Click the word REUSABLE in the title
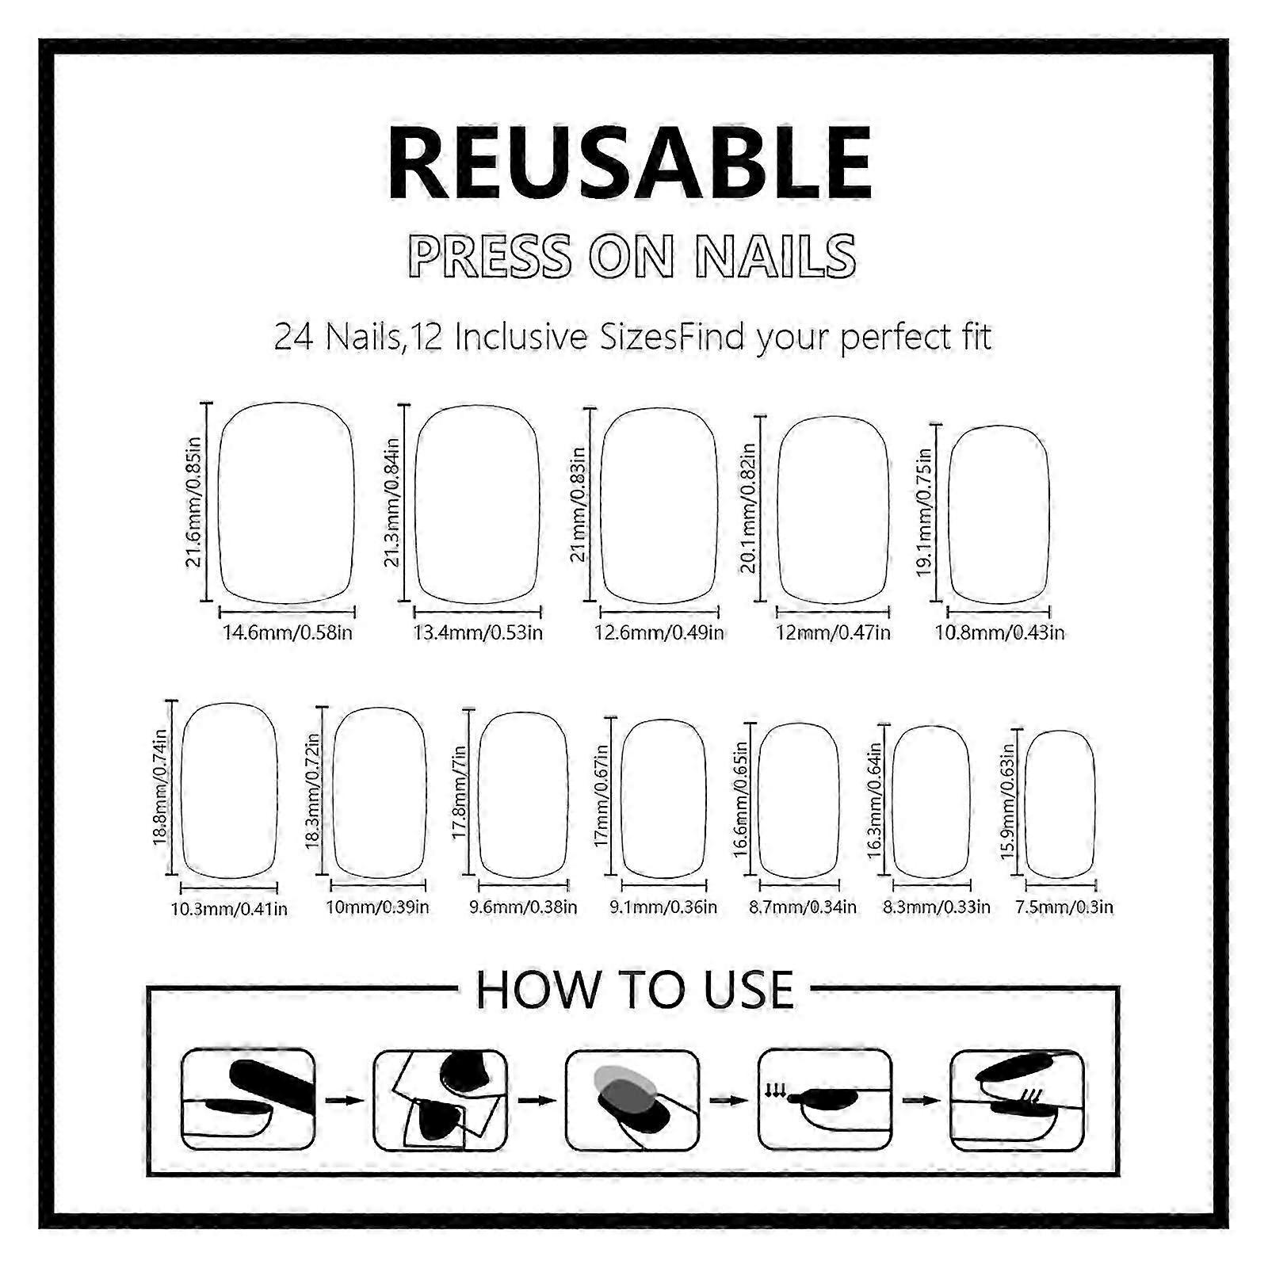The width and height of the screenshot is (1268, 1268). [631, 166]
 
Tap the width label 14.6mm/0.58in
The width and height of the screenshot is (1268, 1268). [288, 632]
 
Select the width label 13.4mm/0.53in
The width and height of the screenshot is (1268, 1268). [478, 632]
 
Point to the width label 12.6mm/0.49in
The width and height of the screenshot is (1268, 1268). [659, 632]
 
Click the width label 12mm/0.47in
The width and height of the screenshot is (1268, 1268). [834, 632]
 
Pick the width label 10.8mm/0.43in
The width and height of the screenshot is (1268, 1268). [1000, 632]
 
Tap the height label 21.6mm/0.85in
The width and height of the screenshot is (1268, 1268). [194, 502]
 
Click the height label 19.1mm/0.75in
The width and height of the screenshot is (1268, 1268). [923, 513]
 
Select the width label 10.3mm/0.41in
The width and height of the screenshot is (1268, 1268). [229, 908]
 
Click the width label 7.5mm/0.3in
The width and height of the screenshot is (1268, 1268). [1064, 907]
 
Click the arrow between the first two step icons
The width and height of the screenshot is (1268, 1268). [344, 1101]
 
